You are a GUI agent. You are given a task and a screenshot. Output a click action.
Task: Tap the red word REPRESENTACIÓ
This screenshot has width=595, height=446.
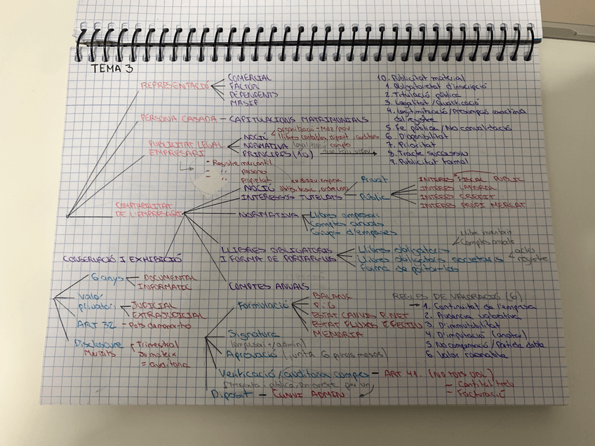point(175,85)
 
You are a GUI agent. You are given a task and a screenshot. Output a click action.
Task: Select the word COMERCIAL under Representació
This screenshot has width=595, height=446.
point(250,77)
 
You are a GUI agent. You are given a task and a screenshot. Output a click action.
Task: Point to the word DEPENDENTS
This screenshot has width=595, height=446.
point(253,94)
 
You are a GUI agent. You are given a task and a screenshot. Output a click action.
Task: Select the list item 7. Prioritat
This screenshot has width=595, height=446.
point(410,144)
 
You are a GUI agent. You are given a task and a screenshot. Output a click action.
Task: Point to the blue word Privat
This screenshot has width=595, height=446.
point(374,180)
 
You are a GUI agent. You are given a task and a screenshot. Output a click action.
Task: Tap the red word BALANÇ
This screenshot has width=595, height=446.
point(330,296)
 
